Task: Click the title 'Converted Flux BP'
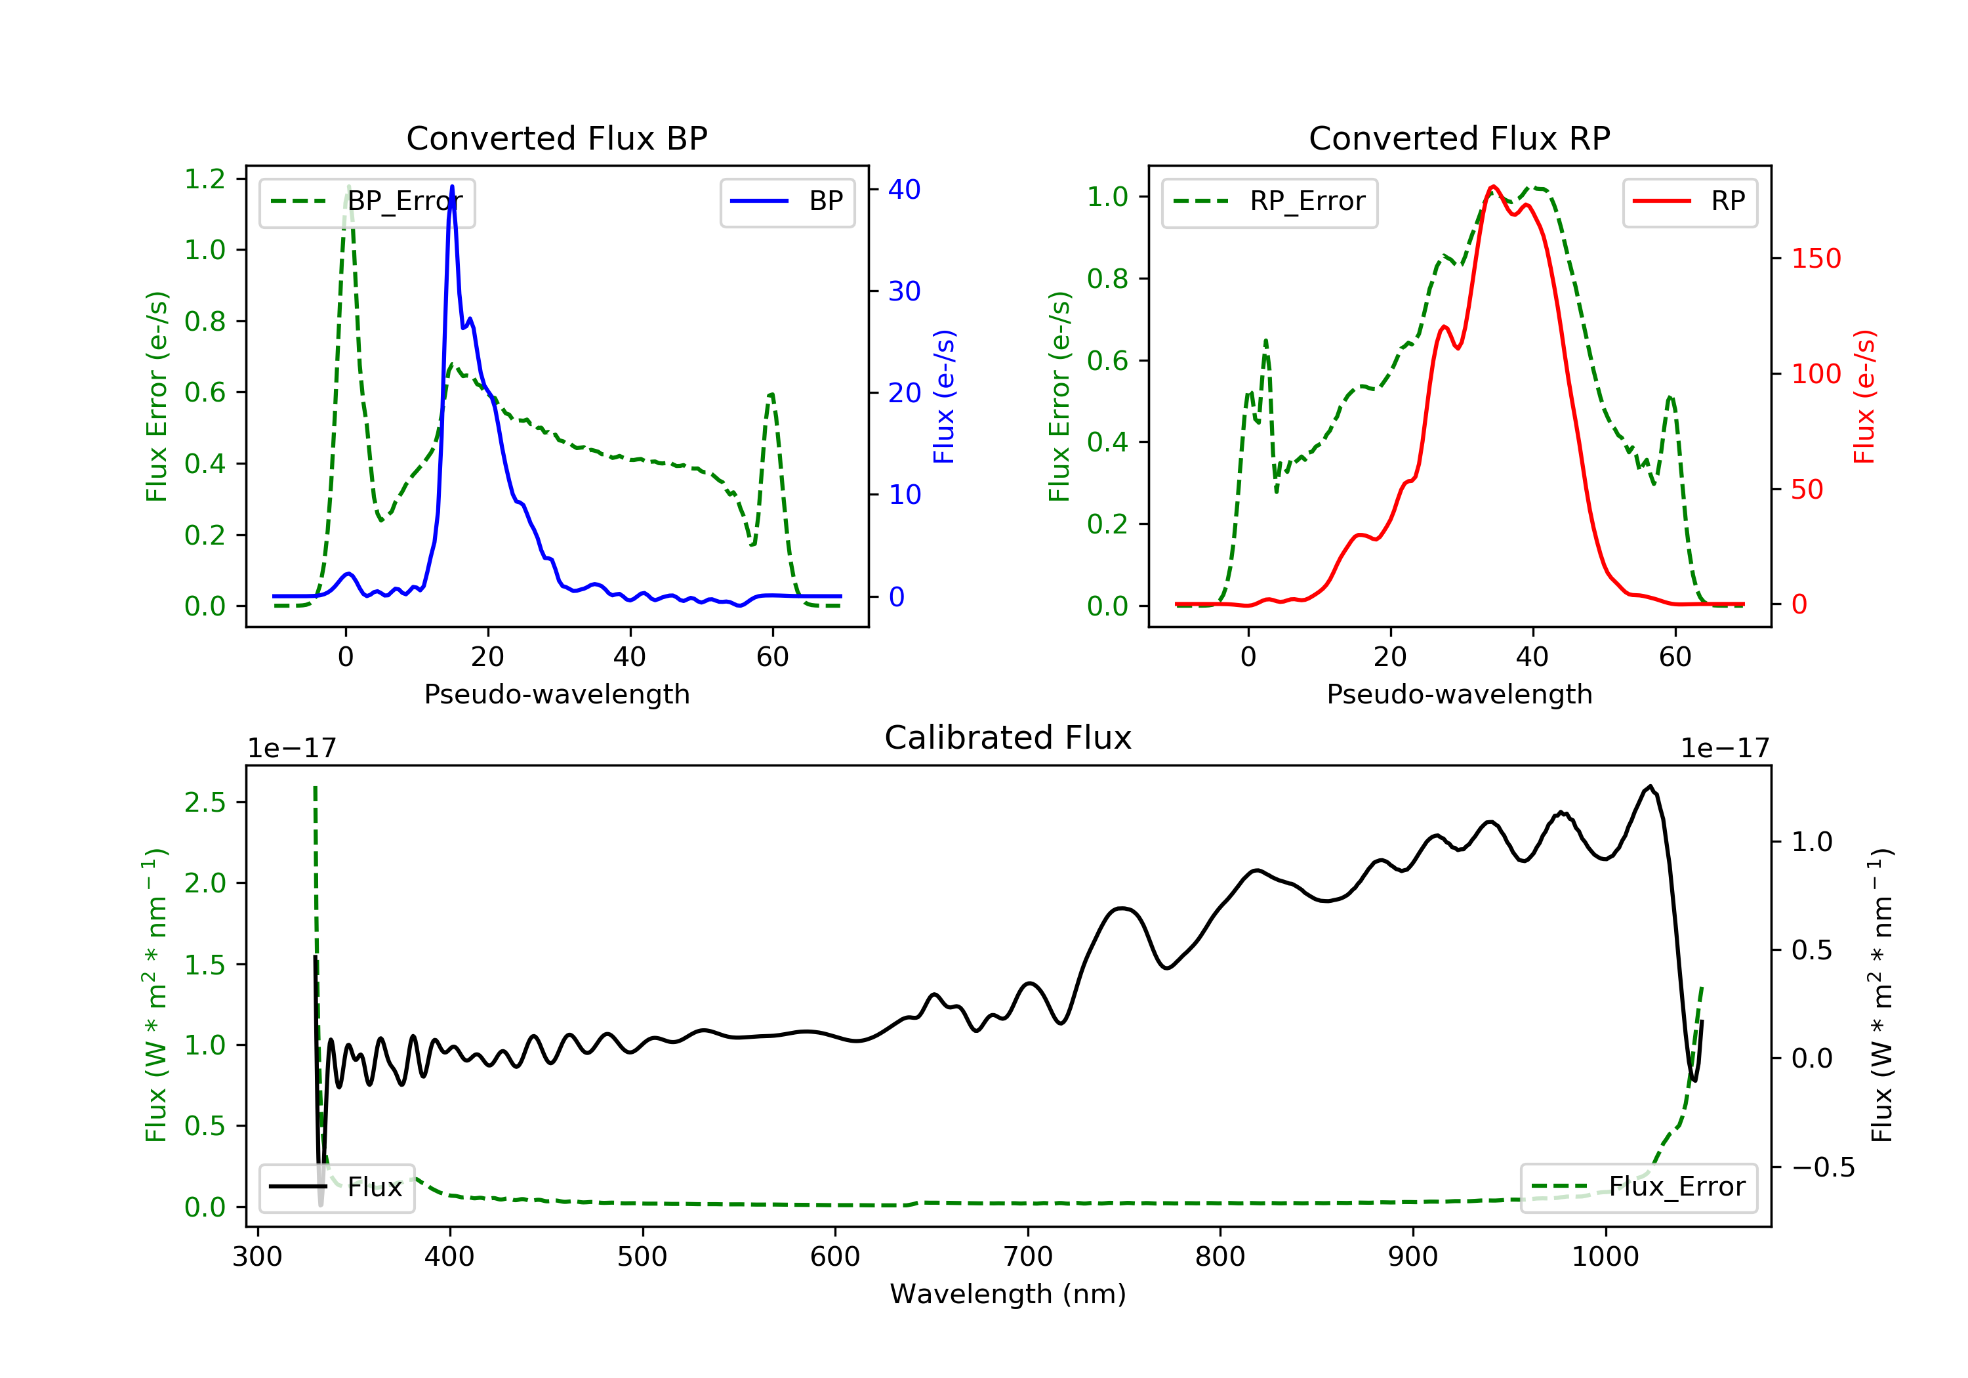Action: coord(556,138)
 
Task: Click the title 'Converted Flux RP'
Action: coord(1459,138)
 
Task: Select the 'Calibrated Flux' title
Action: coord(1008,738)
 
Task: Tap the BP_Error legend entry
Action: coord(367,201)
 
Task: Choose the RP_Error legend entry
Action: coord(1269,201)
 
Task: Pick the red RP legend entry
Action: coord(1689,201)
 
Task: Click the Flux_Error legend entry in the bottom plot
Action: coord(1638,1187)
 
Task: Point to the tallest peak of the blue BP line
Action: coord(452,186)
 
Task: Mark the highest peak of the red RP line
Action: coord(1493,186)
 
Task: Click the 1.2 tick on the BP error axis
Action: coord(205,179)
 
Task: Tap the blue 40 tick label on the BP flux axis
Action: coord(904,190)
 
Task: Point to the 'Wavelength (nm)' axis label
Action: coord(1008,1294)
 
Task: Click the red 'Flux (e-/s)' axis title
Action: coord(1864,396)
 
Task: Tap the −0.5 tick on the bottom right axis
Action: coord(1823,1167)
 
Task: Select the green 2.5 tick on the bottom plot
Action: coord(205,803)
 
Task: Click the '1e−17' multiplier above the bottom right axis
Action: coord(1725,749)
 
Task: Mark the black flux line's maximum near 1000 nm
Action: coord(1650,785)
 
